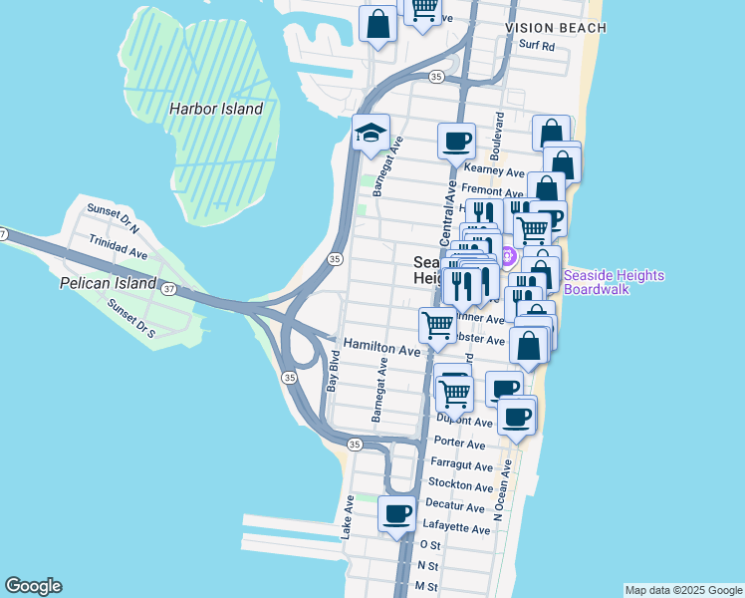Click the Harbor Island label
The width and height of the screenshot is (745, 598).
click(215, 109)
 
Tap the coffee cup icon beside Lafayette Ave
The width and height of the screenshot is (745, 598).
click(397, 514)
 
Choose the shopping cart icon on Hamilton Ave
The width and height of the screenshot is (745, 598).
click(438, 325)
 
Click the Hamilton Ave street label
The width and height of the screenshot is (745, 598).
click(382, 350)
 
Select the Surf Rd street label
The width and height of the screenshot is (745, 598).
click(535, 46)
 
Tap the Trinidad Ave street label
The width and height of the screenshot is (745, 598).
click(118, 248)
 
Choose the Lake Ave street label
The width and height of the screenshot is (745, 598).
click(348, 518)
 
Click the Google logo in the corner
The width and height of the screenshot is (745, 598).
click(33, 586)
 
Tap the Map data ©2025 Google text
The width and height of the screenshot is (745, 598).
click(682, 590)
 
